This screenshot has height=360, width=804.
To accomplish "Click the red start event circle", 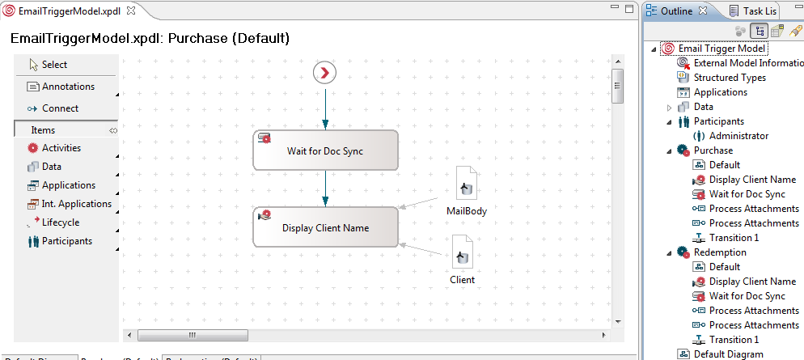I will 324,73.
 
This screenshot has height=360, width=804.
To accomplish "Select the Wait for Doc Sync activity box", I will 325,150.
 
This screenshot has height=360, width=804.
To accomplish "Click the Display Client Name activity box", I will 325,227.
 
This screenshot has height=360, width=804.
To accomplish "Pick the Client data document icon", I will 462,252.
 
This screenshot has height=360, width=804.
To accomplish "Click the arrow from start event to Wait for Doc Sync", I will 325,107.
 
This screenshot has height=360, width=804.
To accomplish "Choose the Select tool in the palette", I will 54,65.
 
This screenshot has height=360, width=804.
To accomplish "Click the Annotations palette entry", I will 67,87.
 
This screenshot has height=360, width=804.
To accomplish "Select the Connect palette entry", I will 60,108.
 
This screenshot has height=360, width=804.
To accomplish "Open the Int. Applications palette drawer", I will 76,204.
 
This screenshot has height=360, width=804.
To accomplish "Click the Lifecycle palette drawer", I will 60,222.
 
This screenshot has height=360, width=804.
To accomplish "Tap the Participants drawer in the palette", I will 66,241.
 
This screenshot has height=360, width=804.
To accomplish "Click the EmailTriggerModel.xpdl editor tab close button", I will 132,9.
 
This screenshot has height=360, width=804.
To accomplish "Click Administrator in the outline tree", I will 738,136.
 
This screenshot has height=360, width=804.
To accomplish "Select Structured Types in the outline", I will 730,78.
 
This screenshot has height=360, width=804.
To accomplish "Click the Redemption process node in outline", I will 720,252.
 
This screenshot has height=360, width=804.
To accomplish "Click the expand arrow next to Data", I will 669,107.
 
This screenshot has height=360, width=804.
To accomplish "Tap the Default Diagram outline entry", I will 728,354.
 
